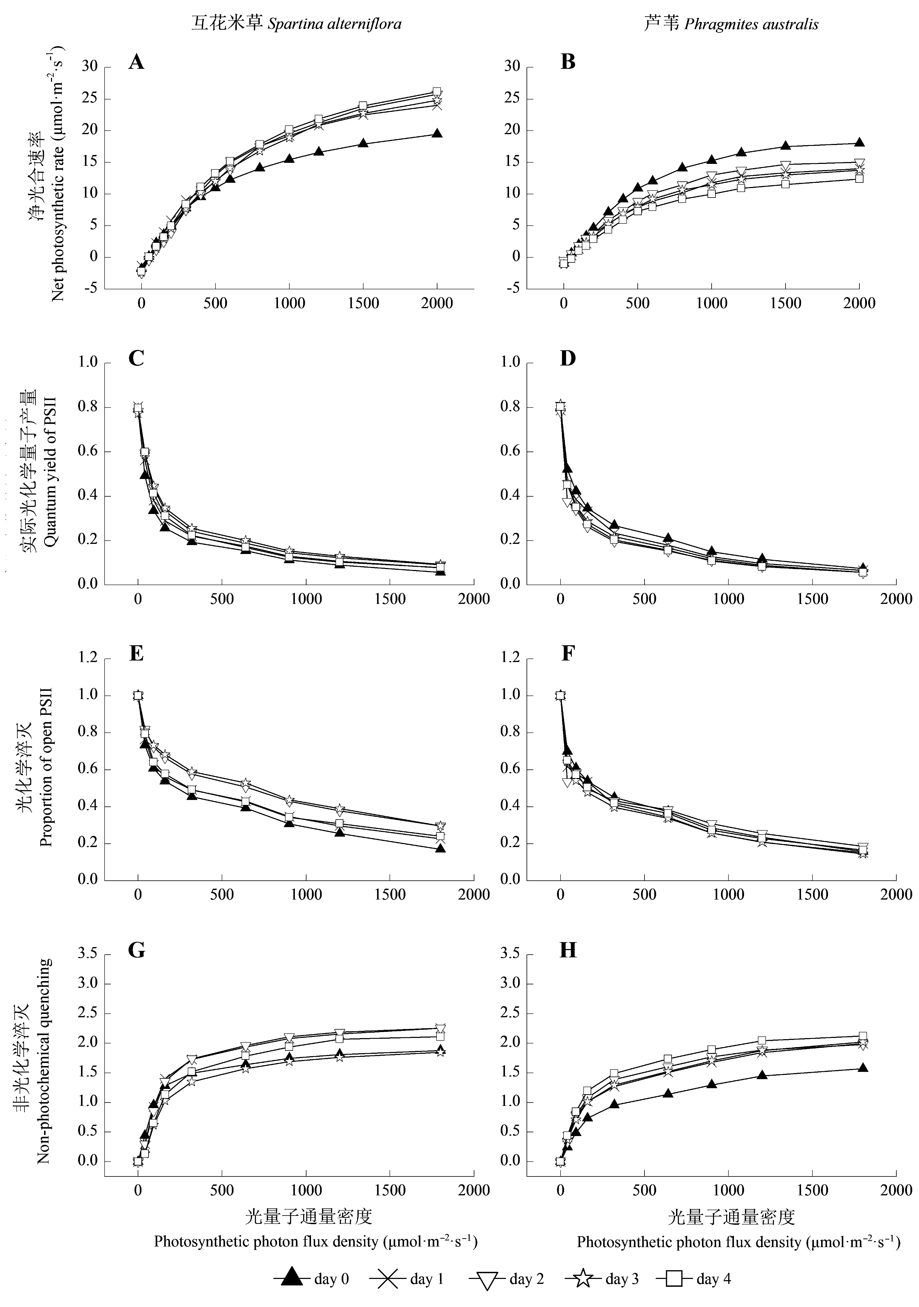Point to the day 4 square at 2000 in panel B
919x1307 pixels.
tap(859, 178)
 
